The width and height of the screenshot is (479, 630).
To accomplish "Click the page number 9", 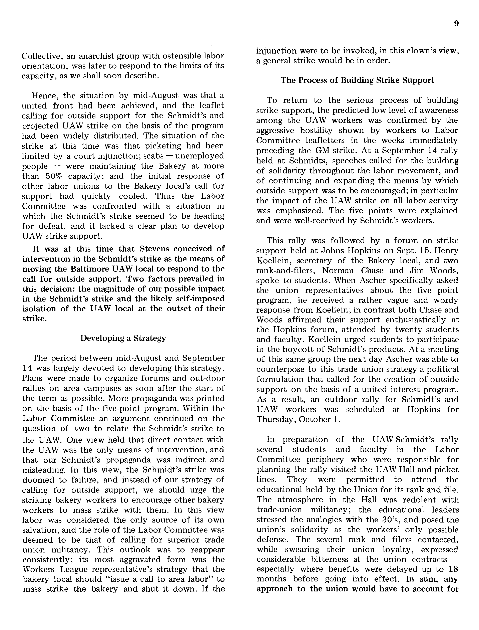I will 456,24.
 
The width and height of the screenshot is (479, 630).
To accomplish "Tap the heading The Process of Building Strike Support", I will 357,80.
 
